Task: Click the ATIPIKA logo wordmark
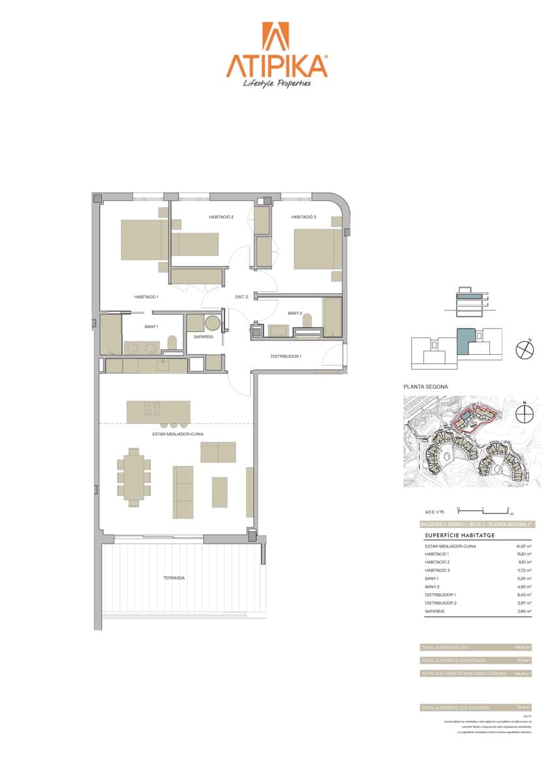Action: tap(276, 65)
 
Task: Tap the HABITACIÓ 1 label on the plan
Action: tap(147, 297)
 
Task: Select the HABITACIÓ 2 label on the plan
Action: tap(221, 217)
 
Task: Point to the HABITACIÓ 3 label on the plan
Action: tap(304, 217)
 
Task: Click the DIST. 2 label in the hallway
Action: tap(242, 297)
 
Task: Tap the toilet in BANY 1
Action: tap(172, 344)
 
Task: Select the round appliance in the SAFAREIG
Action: tap(213, 323)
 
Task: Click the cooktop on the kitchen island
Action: tap(152, 408)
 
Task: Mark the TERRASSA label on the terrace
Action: tap(174, 578)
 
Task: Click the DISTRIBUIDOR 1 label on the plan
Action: tap(285, 356)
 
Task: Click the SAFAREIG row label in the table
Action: tap(434, 612)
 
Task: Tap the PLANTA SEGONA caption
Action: tap(426, 387)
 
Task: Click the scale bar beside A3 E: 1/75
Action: tap(483, 510)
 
